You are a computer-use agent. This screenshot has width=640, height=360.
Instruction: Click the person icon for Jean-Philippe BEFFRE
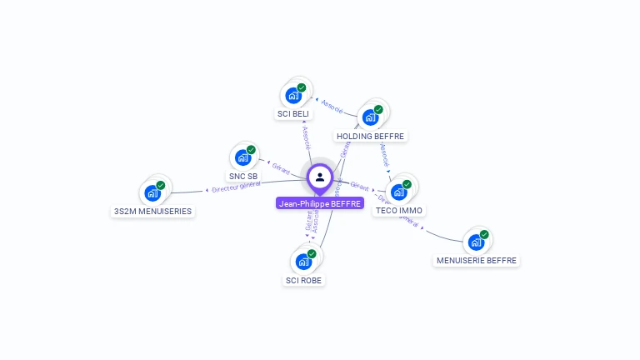(320, 177)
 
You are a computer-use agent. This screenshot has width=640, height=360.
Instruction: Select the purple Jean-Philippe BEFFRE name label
(320, 203)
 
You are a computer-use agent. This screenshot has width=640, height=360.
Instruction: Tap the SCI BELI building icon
(292, 96)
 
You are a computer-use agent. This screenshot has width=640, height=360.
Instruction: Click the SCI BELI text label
(292, 113)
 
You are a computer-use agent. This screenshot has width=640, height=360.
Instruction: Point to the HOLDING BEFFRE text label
(370, 136)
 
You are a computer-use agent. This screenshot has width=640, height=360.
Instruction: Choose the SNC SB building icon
(242, 157)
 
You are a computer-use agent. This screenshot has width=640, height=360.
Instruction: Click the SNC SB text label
(243, 176)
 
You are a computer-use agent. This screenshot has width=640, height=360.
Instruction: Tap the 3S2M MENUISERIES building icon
(152, 193)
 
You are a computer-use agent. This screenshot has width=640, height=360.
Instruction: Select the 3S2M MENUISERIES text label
(152, 212)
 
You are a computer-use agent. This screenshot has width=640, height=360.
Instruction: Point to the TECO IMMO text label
(398, 211)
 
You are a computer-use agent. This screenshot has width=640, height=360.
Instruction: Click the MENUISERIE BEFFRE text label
(477, 261)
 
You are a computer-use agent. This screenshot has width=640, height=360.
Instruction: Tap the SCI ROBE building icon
(303, 262)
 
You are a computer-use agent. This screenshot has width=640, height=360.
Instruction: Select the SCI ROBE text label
(303, 280)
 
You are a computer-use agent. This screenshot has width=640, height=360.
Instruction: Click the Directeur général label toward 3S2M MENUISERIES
(236, 187)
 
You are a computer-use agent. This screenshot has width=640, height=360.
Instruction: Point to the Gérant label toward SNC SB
(280, 167)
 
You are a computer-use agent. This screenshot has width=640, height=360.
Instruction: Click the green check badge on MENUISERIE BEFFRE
(484, 234)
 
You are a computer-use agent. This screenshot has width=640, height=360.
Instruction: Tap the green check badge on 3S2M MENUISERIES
(161, 185)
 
